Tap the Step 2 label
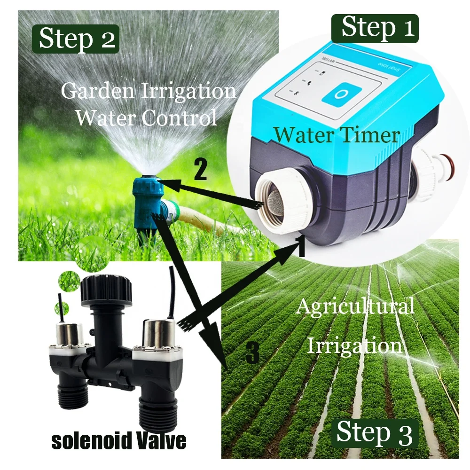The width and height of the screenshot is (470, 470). point(77,39)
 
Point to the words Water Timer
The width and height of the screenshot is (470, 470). point(337,135)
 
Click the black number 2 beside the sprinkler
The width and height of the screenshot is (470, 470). point(200,171)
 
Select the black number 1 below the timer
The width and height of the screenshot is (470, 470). point(301,246)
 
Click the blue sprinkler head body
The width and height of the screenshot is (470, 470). point(149,197)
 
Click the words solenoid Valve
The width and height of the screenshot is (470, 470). point(118,441)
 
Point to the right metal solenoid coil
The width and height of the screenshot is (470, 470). point(157,335)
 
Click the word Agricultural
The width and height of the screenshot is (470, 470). point(355,307)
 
